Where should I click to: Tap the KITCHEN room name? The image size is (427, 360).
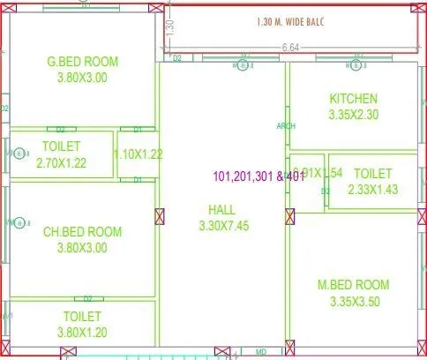353,98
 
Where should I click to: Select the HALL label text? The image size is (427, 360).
221,209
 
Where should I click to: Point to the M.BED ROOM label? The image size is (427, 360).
353,285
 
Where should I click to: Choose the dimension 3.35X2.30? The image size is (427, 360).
353,113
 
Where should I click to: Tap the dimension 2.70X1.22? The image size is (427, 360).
62,163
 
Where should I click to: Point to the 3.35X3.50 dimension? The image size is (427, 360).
353,300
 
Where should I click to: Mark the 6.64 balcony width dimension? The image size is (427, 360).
291,47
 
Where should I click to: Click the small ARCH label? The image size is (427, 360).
286,126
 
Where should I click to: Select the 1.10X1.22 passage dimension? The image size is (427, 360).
139,154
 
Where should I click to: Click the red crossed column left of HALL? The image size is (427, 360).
160,215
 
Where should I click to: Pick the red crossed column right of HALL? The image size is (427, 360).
288,215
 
